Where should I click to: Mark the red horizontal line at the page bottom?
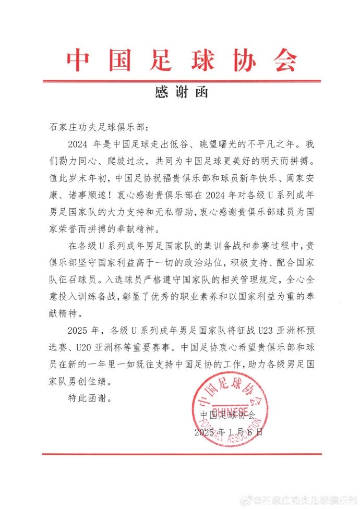[180, 454]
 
